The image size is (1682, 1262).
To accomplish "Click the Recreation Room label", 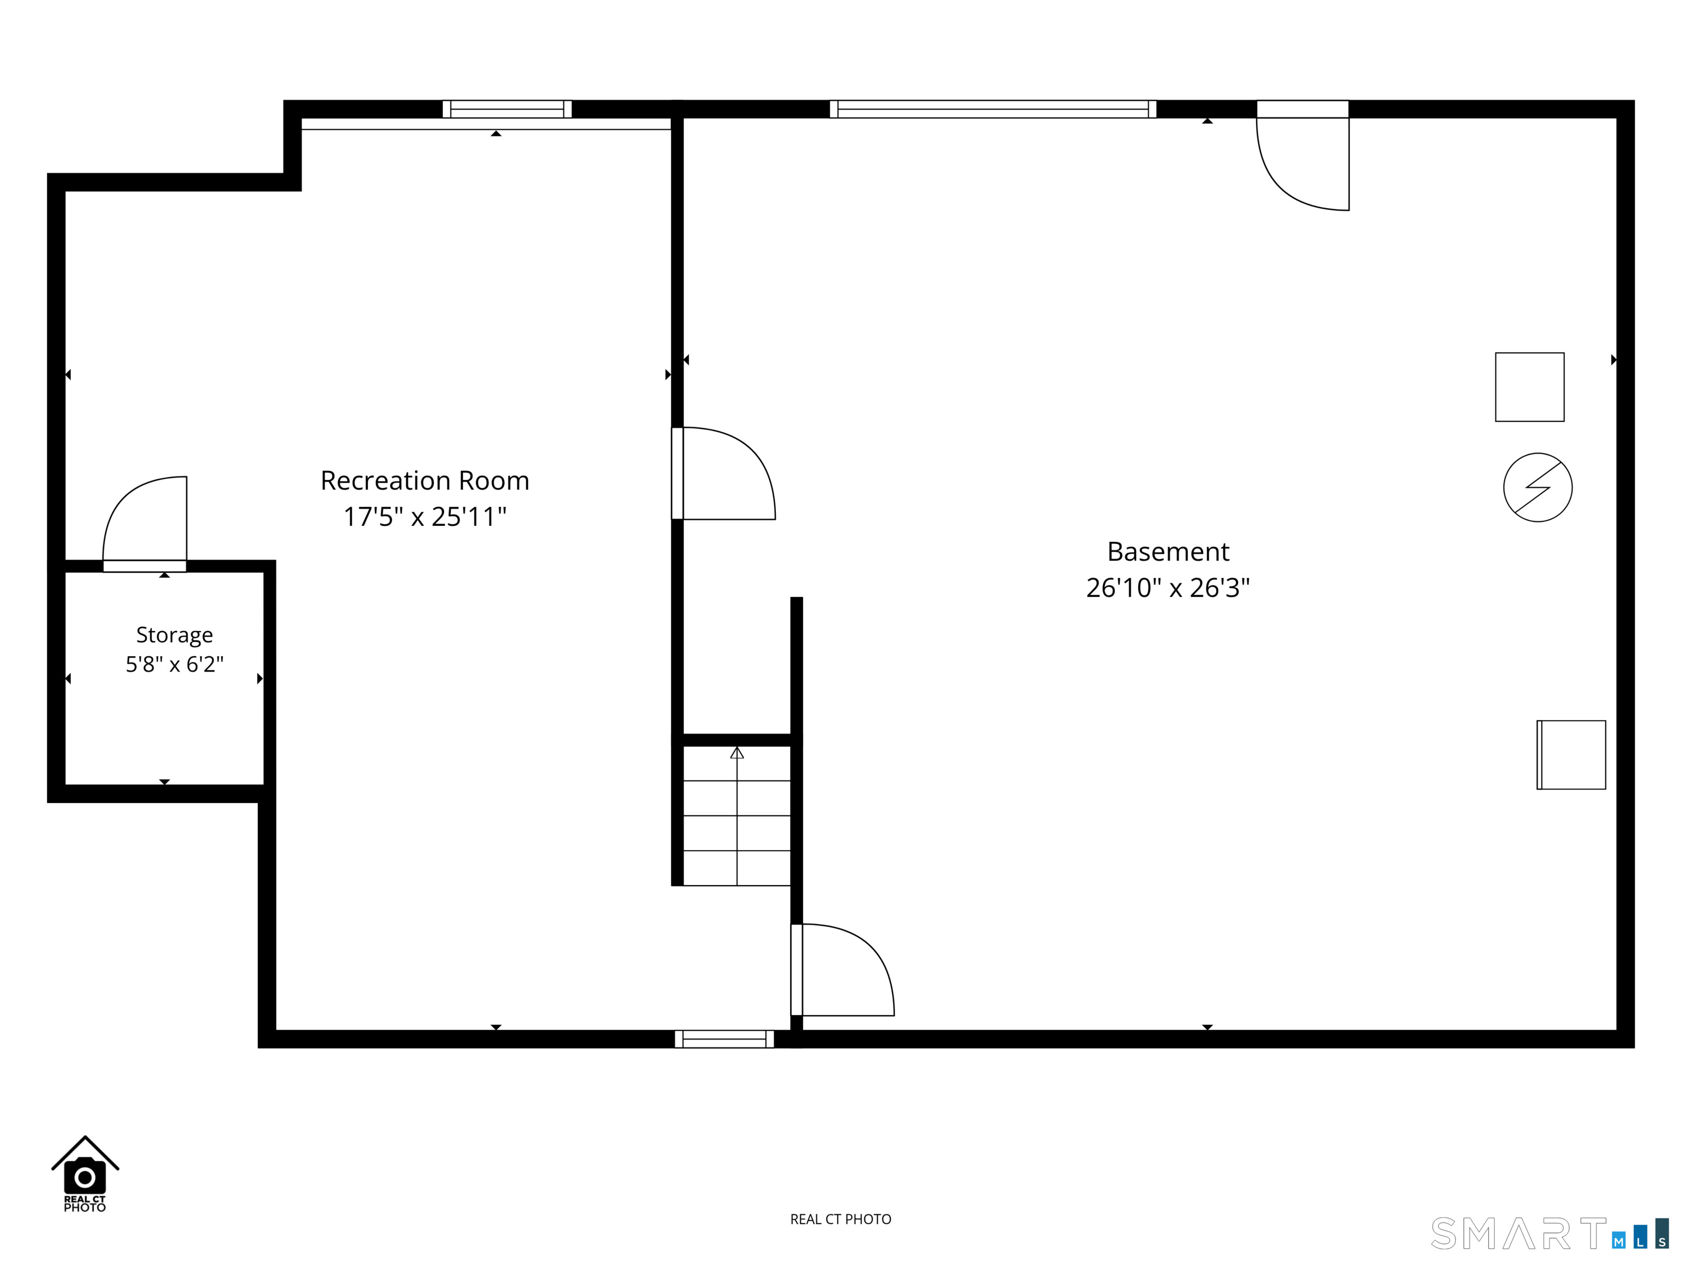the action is [x=424, y=481].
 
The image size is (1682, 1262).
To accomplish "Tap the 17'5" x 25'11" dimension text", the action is [x=424, y=517].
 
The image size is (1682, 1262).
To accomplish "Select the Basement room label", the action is [x=1168, y=552].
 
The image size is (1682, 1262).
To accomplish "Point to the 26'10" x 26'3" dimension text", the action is [x=1168, y=588].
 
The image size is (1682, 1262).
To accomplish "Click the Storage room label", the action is [x=174, y=635].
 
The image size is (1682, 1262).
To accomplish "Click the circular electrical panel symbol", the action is [x=1537, y=487].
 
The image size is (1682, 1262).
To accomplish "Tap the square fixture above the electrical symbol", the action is [x=1529, y=387].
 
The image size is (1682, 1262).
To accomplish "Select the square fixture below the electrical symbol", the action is [x=1571, y=755].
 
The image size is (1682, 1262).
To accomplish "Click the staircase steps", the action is [x=737, y=816].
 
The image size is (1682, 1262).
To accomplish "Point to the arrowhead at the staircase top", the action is [x=737, y=753].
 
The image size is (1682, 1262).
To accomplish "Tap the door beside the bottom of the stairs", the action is [x=843, y=970].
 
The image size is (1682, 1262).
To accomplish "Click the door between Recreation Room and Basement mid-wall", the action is [x=723, y=473].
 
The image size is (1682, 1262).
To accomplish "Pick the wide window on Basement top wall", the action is [x=993, y=110].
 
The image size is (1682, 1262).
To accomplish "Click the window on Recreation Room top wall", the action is [x=507, y=110].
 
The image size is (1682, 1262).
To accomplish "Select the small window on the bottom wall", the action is [x=724, y=1039].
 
